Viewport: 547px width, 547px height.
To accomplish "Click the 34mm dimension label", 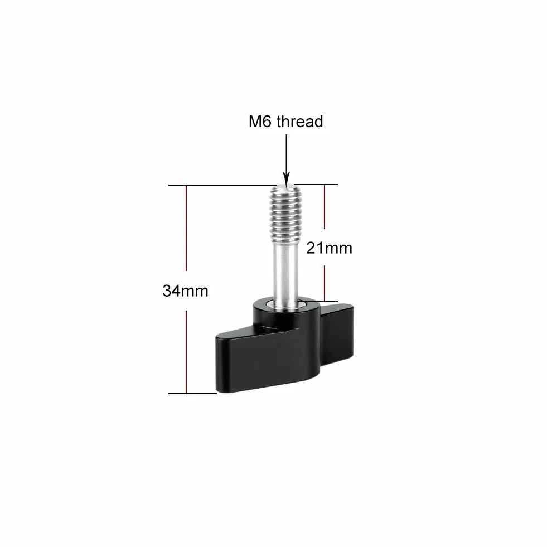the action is (185, 291).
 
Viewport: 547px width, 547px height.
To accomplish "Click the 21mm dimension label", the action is (330, 248).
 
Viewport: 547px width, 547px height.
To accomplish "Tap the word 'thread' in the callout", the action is (299, 122).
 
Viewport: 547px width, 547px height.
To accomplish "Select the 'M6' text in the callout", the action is (260, 122).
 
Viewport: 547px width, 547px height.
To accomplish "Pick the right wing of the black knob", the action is (337, 335).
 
